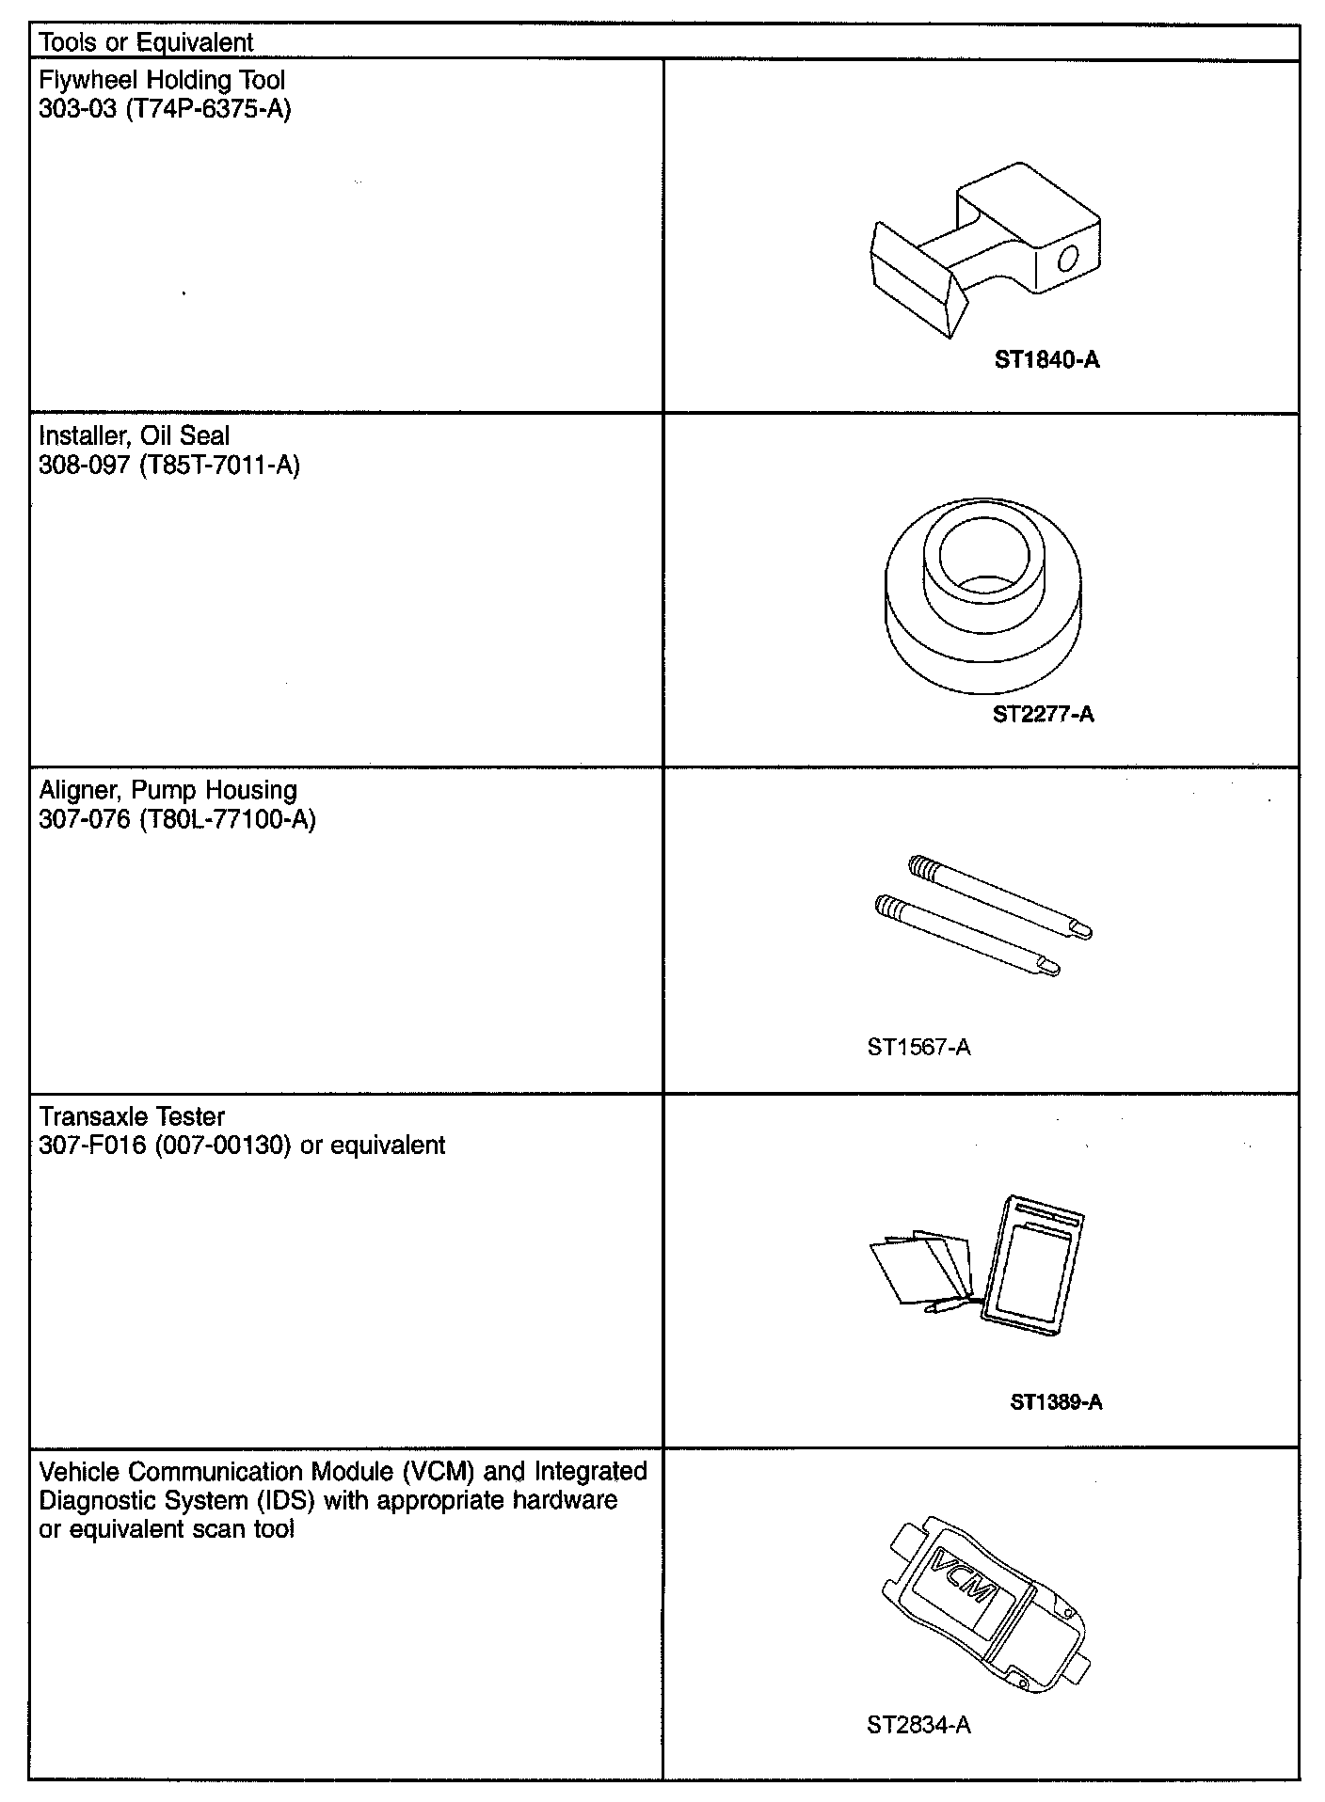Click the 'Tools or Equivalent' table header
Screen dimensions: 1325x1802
tap(146, 42)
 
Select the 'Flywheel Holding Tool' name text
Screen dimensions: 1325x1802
tap(162, 80)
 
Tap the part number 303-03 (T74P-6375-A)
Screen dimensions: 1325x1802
tap(165, 109)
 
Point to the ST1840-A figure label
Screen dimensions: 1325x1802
tap(1046, 359)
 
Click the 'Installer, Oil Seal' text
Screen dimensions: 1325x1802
tap(134, 435)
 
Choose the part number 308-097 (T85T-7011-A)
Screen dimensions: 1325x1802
tap(169, 465)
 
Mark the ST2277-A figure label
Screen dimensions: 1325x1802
tap(1044, 714)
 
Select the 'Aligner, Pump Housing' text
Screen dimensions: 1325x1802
tap(168, 790)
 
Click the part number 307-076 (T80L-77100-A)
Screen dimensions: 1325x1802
tap(177, 819)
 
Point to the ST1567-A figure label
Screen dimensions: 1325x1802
tap(918, 1047)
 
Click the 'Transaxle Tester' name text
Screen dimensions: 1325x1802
tap(132, 1116)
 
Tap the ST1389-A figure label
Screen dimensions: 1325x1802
tap(1056, 1401)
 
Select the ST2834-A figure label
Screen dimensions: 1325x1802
tap(918, 1724)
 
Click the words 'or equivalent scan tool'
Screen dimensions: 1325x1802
tap(167, 1529)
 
